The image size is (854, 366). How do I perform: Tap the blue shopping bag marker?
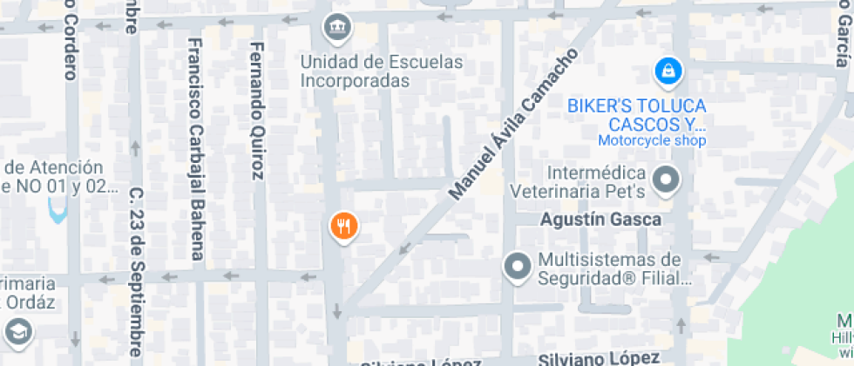click(x=668, y=71)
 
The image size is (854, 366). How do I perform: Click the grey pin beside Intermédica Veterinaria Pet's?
click(x=668, y=180)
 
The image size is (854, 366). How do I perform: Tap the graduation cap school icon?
click(x=18, y=331)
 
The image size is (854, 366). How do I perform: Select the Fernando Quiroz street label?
click(x=256, y=110)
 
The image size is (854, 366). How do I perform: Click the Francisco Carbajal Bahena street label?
click(x=195, y=148)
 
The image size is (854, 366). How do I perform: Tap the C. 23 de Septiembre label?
click(x=135, y=272)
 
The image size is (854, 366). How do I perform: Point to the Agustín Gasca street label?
click(x=600, y=220)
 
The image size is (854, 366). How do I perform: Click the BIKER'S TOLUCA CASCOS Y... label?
click(x=636, y=114)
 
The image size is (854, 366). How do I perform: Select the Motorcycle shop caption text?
click(x=652, y=140)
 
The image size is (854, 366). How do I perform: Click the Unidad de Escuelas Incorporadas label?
click(x=382, y=71)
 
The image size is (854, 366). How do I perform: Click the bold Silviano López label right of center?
click(x=597, y=358)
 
